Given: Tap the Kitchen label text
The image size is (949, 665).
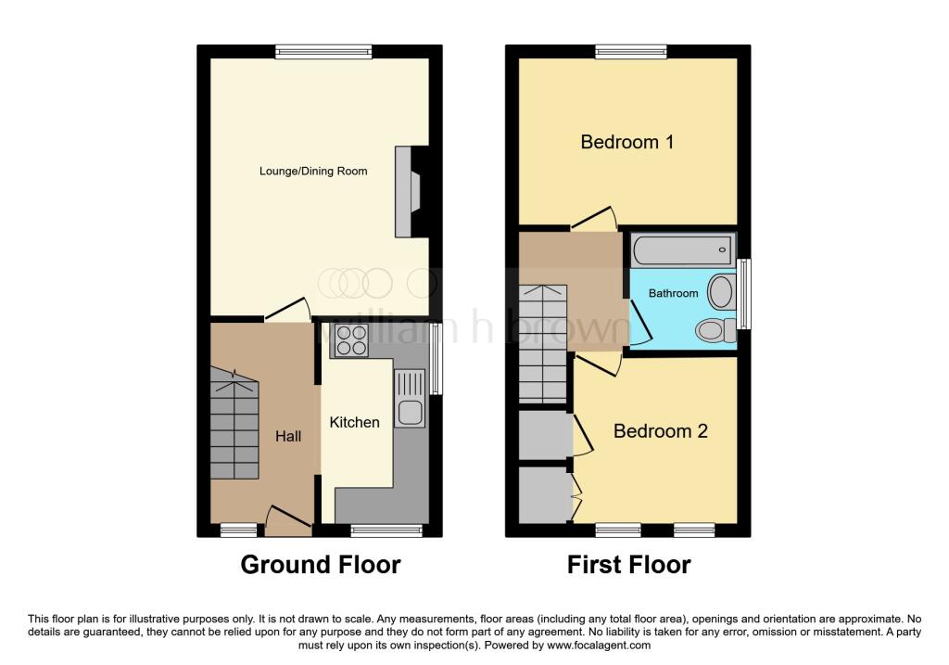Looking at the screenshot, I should [355, 422].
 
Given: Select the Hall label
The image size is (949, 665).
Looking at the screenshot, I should [288, 435].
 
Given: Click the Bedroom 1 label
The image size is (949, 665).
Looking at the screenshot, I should [626, 142].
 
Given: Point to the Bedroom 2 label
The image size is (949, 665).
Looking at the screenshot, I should [660, 431].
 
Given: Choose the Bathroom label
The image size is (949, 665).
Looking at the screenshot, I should [673, 293].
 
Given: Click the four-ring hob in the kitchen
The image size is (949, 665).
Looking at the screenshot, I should [351, 340].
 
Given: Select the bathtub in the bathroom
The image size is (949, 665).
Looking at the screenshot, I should [682, 249].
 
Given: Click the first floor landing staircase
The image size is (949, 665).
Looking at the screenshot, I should [541, 343].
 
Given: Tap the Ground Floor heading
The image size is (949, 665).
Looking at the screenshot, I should [321, 564].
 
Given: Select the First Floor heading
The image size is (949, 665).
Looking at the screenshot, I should [629, 564].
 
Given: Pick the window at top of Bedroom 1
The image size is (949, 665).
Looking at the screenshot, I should [631, 51].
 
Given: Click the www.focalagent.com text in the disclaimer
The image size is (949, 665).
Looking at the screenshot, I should [599, 646].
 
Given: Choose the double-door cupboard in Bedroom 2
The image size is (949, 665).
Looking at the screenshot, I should [544, 495].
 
